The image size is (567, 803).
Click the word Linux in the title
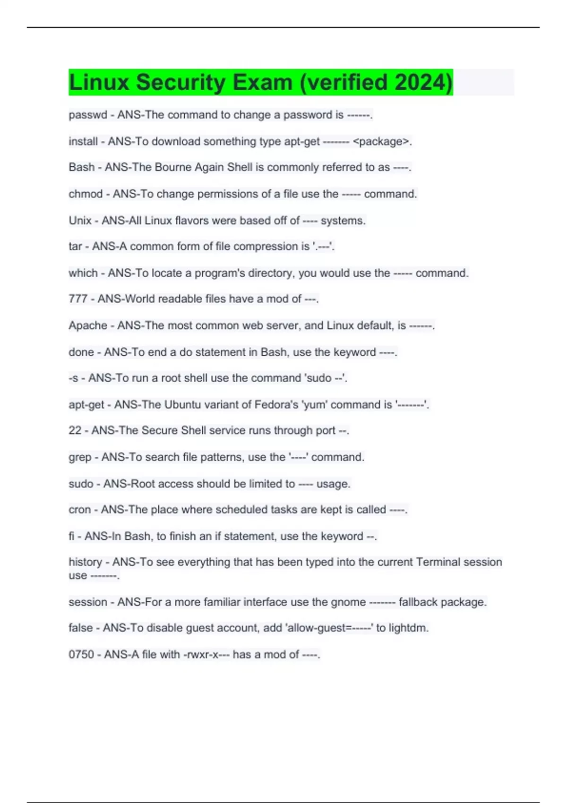(99, 82)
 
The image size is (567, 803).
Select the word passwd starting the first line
(88, 115)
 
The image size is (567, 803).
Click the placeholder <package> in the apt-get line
(381, 141)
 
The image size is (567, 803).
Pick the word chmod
(86, 194)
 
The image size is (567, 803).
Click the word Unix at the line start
(80, 221)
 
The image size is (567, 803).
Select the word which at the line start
(83, 273)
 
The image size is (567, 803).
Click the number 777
(78, 299)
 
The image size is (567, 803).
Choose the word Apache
(88, 325)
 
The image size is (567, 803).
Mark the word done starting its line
(81, 352)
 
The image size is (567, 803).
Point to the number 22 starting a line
(75, 430)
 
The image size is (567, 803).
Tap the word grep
(80, 457)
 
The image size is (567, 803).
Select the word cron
(79, 510)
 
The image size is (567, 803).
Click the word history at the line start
(86, 562)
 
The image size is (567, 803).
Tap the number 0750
(81, 655)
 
